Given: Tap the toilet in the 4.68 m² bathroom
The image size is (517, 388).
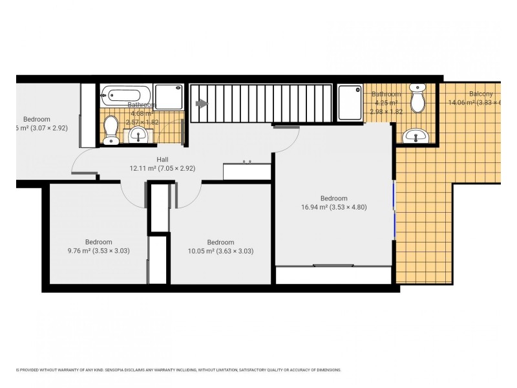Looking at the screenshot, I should tap(110, 127).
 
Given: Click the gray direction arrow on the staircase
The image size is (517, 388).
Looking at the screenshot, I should tap(202, 103).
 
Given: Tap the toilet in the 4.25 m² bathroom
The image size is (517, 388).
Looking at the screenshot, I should tap(418, 98).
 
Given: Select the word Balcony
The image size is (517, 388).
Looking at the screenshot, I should tap(480, 94).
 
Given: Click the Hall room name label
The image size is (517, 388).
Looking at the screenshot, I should tap(163, 159).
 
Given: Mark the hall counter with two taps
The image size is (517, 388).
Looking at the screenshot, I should tap(247, 171).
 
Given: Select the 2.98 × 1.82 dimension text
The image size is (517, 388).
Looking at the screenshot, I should tap(386, 111).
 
